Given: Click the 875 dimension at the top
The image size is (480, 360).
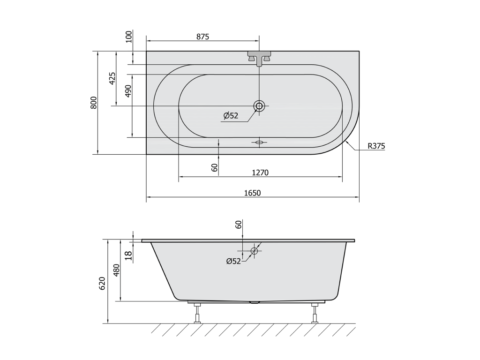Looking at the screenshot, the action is [x=202, y=37].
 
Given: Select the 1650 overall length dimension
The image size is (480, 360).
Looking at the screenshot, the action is [x=253, y=193].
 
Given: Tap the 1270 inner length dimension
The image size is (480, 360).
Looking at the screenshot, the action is [x=260, y=173].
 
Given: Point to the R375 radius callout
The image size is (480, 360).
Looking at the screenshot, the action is [x=376, y=146].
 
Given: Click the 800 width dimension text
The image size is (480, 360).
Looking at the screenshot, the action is [x=94, y=103].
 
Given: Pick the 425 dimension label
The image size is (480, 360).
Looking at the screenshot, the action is [x=112, y=79].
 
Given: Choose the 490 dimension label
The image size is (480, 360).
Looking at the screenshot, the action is [x=128, y=91].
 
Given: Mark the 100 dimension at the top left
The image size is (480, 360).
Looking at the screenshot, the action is [x=129, y=37].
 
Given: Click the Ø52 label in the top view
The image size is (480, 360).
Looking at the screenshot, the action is [x=231, y=116].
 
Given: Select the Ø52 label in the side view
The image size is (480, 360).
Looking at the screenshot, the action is [x=233, y=261].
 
